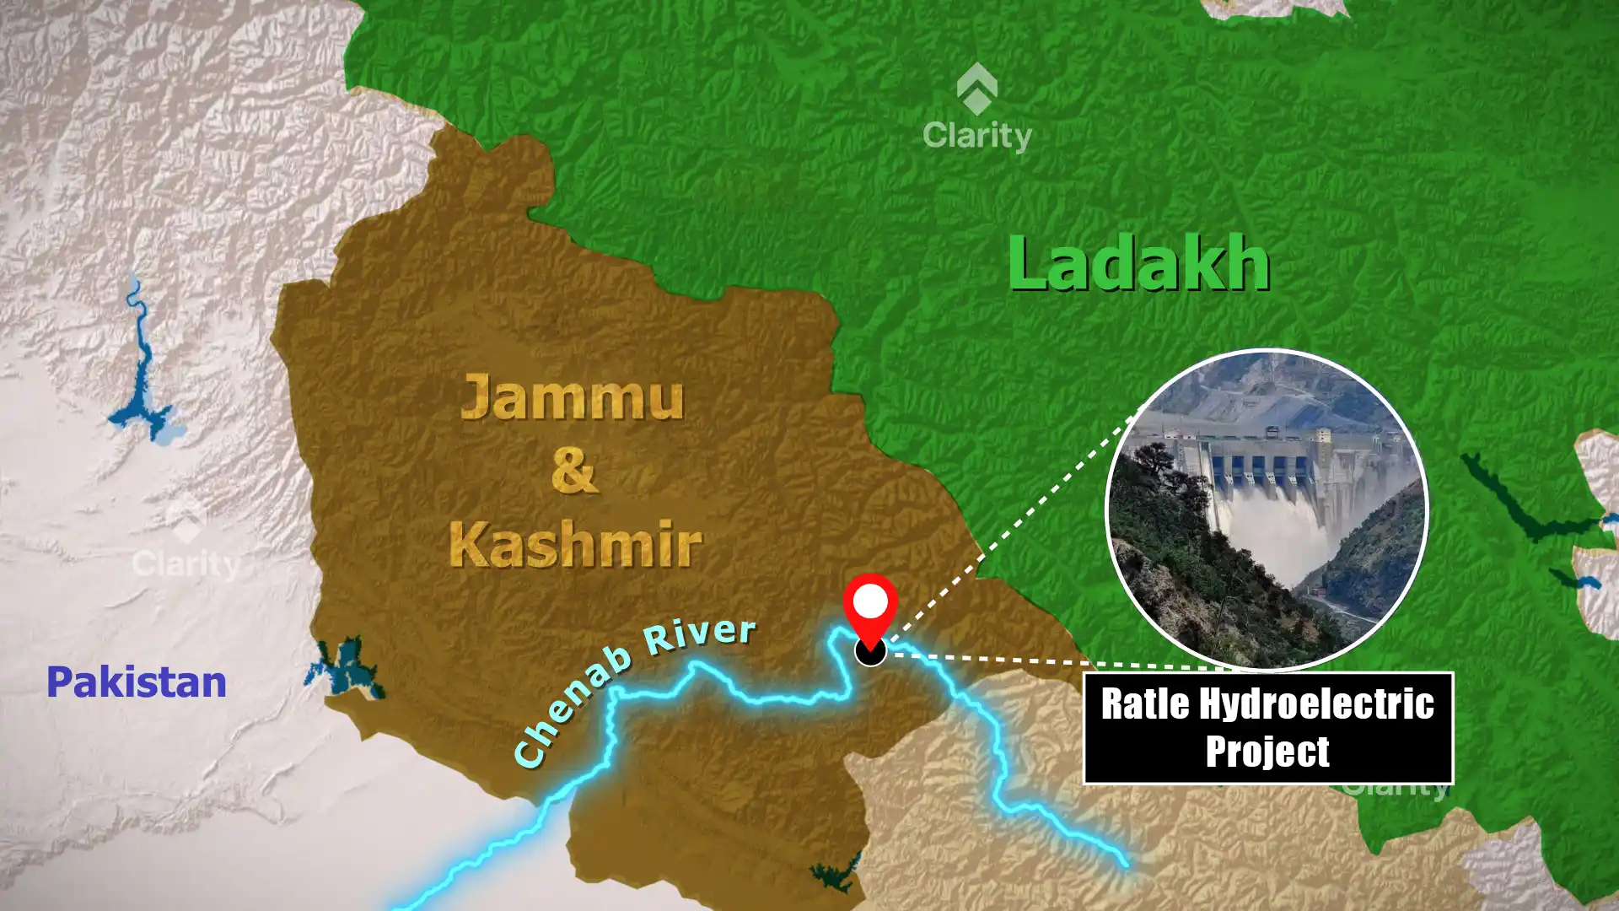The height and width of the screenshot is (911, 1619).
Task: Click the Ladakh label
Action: tap(1138, 263)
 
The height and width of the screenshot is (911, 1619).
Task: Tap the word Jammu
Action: tap(572, 398)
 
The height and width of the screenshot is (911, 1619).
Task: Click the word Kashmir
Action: tap(575, 544)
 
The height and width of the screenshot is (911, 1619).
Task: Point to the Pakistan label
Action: tap(137, 682)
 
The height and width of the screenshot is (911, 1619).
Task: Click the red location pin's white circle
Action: tap(870, 601)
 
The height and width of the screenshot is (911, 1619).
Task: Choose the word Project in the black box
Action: tap(1267, 751)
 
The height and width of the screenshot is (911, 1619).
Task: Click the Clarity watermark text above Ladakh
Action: tap(977, 135)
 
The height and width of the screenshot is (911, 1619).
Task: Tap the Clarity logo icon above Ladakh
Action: tap(977, 89)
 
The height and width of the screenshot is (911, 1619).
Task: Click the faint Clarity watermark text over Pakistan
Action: tap(186, 563)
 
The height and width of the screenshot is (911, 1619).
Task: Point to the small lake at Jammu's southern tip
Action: tap(836, 876)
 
